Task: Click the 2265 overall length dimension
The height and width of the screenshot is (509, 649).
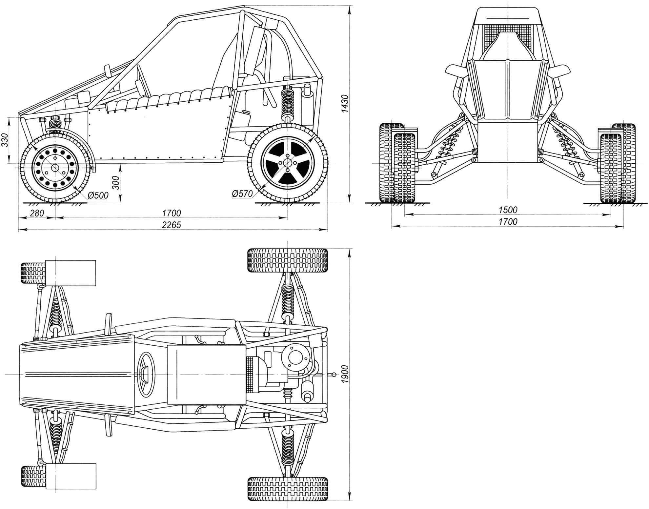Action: pos(172,225)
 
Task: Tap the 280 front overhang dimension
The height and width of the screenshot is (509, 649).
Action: pos(37,213)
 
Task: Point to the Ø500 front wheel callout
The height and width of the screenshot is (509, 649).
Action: pos(98,195)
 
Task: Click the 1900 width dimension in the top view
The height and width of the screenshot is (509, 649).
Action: pos(344,375)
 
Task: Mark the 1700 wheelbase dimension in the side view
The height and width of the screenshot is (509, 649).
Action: pos(172,213)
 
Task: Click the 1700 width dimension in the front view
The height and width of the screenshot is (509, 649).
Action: pos(508,222)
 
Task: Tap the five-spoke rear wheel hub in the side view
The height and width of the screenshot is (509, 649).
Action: pos(288,163)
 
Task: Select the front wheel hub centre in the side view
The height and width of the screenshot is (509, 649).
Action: pos(55,167)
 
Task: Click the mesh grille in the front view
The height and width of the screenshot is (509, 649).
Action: pos(508,41)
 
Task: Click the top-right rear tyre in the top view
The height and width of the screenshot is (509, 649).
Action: pos(288,260)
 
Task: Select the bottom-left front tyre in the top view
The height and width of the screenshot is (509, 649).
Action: pos(33,476)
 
